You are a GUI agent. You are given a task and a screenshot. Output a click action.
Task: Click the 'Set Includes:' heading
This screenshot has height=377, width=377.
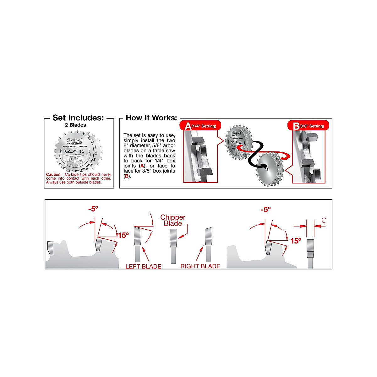[78, 118]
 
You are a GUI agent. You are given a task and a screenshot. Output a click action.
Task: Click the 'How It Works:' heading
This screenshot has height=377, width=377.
[151, 118]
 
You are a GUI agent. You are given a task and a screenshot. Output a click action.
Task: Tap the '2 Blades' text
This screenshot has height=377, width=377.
[75, 125]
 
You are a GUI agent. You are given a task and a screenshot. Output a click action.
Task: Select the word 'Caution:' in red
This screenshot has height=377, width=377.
[54, 174]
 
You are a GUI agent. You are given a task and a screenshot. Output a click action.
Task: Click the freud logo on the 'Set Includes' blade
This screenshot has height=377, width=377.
[74, 141]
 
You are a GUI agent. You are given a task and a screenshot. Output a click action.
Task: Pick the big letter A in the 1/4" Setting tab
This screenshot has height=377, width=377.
[188, 126]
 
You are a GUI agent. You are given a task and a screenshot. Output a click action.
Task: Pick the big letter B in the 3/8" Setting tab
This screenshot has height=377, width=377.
[296, 126]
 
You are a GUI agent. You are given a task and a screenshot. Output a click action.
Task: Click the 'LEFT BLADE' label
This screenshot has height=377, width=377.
[143, 266]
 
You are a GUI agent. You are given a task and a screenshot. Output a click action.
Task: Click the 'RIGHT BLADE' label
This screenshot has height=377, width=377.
[200, 266]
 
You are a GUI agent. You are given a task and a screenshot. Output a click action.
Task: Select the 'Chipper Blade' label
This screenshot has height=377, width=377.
[173, 220]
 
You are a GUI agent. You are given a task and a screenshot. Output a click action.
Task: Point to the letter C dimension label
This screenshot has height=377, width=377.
[324, 221]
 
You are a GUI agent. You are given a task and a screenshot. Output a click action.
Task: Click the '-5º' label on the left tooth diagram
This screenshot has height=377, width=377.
[93, 209]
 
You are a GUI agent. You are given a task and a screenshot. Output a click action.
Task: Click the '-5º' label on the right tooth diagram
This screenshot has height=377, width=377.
[265, 210]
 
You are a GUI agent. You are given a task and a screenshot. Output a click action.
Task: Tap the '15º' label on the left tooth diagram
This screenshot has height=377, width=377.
[123, 235]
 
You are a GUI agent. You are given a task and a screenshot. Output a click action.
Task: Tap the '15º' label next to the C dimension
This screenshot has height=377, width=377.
[296, 241]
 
